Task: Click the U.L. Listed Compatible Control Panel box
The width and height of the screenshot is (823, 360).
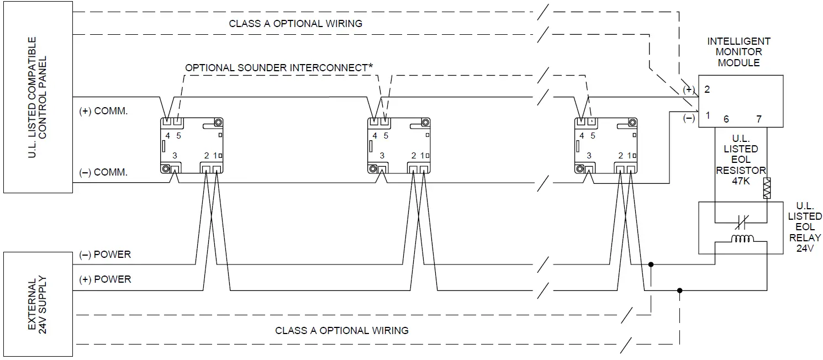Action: [x=37, y=97]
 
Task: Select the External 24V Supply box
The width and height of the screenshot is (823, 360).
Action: [x=37, y=304]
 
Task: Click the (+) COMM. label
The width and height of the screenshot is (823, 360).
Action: [x=103, y=111]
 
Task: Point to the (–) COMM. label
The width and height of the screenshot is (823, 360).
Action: [x=103, y=173]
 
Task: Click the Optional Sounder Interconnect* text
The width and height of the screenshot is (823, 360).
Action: [x=279, y=67]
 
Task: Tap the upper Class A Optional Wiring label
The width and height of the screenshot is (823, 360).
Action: [x=296, y=24]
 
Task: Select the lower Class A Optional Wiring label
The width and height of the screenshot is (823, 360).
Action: [x=342, y=331]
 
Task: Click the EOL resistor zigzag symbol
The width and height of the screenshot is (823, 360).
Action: [x=767, y=188]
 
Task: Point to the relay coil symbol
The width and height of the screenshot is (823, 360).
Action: [x=742, y=239]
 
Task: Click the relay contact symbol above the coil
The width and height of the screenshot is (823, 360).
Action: [x=742, y=223]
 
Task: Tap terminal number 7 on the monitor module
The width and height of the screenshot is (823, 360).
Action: [x=758, y=119]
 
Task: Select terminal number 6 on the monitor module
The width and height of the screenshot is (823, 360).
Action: [x=726, y=119]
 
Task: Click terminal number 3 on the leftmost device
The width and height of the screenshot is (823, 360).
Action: [x=175, y=156]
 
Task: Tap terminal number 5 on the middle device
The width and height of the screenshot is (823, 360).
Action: [x=386, y=136]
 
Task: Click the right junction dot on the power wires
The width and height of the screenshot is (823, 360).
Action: [x=679, y=290]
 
